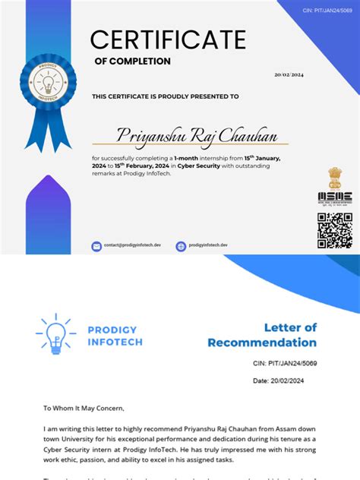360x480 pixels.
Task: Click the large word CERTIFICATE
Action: (168, 39)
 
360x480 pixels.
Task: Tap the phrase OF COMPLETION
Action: (132, 62)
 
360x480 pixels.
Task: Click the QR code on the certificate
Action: (334, 230)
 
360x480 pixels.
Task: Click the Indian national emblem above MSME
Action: (334, 178)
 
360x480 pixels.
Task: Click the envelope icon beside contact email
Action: (96, 246)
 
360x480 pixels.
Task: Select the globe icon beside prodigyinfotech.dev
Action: (181, 246)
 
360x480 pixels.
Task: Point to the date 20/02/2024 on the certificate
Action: (288, 74)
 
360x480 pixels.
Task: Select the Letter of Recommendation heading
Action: (263, 335)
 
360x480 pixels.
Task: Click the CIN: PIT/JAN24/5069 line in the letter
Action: (285, 365)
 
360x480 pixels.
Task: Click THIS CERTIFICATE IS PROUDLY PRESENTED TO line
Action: (166, 96)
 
